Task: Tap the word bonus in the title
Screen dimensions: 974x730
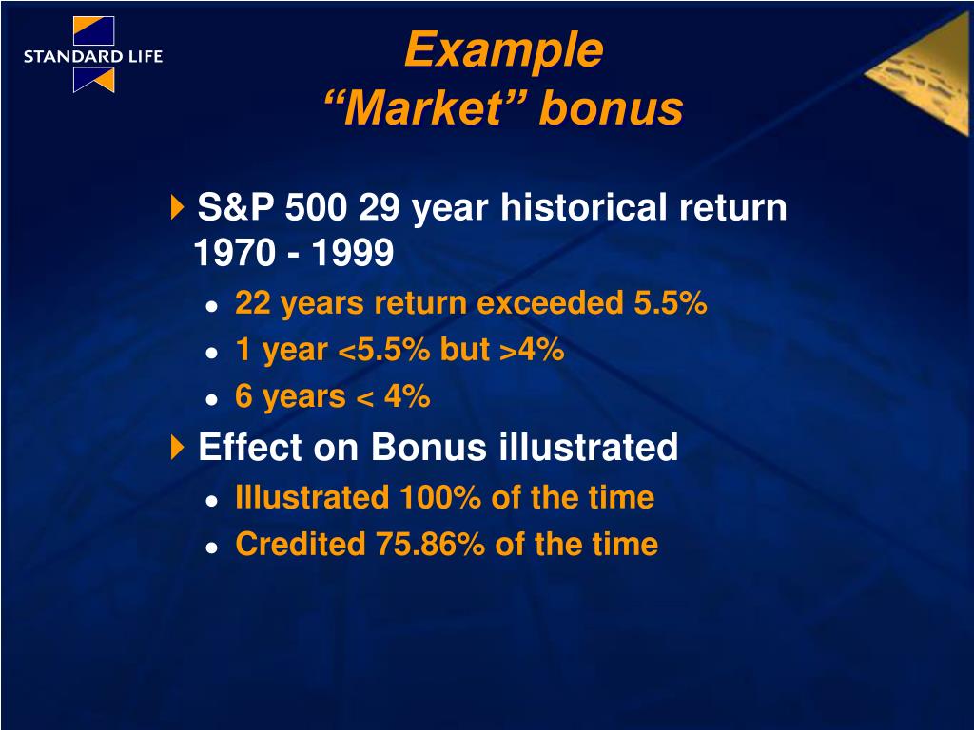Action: click(x=612, y=108)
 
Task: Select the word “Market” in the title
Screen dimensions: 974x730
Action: click(x=425, y=108)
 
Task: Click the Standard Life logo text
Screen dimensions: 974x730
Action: click(x=93, y=56)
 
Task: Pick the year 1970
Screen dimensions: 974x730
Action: click(x=234, y=253)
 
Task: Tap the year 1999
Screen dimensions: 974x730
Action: click(x=353, y=253)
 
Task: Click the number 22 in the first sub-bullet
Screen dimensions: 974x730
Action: click(x=253, y=303)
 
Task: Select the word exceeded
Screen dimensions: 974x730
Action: click(x=550, y=303)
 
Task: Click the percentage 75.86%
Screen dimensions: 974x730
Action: click(x=430, y=544)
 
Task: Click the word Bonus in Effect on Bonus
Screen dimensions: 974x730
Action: click(x=429, y=447)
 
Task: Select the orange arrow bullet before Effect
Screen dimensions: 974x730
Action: click(x=178, y=447)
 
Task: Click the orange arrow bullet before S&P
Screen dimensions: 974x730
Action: click(x=178, y=206)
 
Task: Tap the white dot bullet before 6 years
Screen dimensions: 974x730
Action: click(x=212, y=399)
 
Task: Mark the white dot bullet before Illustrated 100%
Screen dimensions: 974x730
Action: click(x=212, y=500)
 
